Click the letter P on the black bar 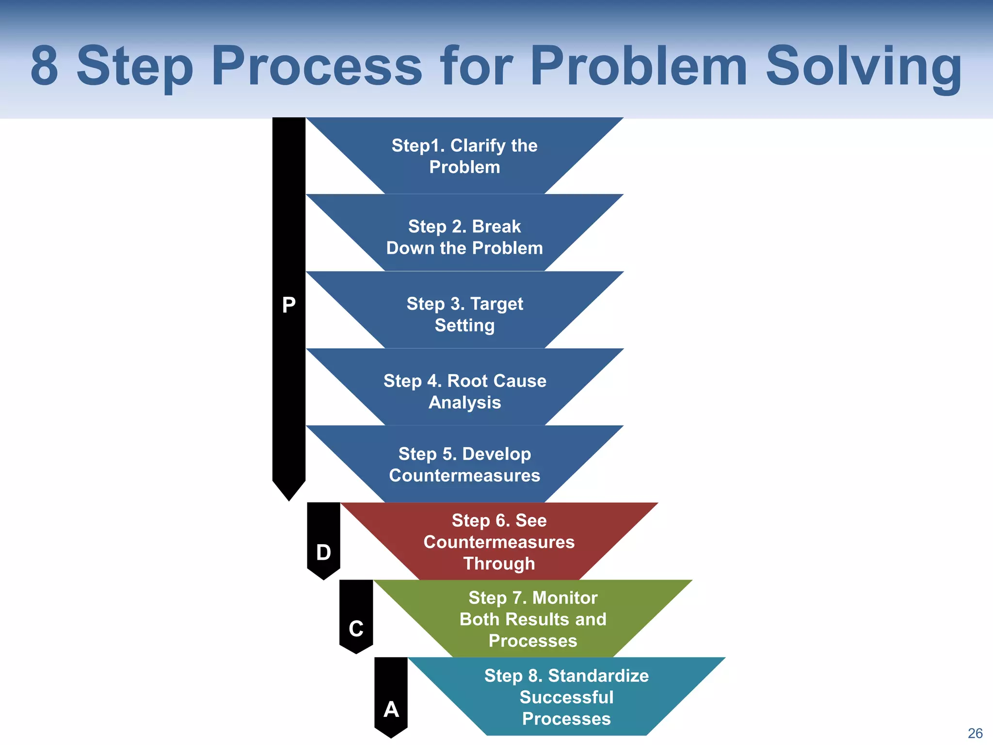click(288, 305)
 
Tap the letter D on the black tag click(323, 552)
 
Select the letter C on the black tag click(356, 629)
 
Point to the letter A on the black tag click(391, 710)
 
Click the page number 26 click(975, 733)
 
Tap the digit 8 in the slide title click(44, 66)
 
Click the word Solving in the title click(864, 66)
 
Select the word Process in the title click(317, 66)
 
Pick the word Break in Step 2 click(496, 227)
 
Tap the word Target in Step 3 click(496, 304)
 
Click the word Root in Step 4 click(468, 381)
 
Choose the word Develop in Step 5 click(496, 454)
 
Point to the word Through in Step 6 click(499, 564)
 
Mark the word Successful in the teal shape click(566, 697)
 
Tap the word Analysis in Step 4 click(464, 403)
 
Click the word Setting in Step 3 click(464, 325)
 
